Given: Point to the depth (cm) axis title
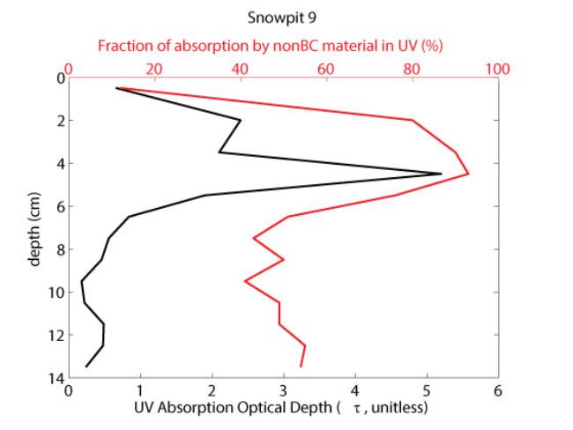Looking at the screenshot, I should pyautogui.click(x=36, y=227).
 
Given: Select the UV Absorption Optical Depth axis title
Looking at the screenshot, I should pyautogui.click(x=280, y=408).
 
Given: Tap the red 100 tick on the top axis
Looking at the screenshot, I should pyautogui.click(x=498, y=69).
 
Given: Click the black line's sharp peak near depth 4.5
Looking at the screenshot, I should pyautogui.click(x=441, y=174).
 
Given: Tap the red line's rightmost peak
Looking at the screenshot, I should pyautogui.click(x=468, y=174).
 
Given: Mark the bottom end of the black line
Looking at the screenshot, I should pyautogui.click(x=86, y=366).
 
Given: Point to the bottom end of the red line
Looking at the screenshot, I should pyautogui.click(x=301, y=366).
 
